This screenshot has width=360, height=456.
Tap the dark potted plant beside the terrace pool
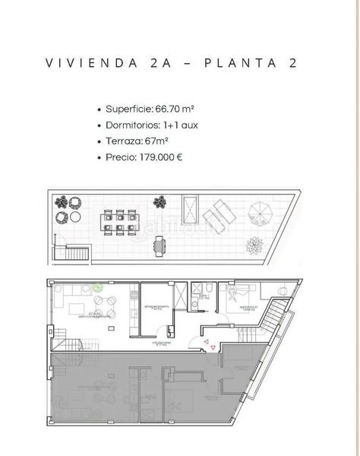(x=159, y=202)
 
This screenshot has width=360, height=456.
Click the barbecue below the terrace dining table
(x=159, y=245)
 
